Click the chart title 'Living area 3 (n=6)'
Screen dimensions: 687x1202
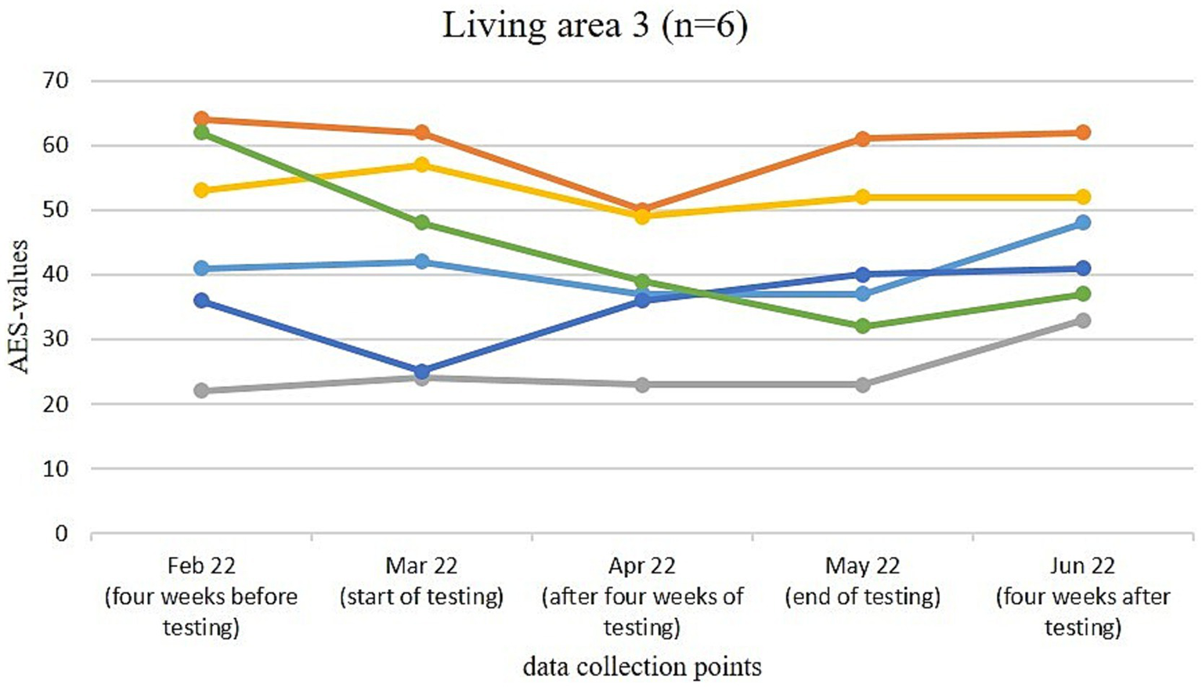point(594,25)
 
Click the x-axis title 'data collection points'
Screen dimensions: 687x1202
point(641,667)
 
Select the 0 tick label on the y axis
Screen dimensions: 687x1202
point(61,533)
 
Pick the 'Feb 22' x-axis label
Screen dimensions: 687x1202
point(201,566)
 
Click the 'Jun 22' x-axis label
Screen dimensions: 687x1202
point(1083,566)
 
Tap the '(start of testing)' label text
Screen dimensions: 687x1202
point(421,597)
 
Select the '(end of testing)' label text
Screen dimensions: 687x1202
point(862,597)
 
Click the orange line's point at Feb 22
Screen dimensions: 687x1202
point(201,119)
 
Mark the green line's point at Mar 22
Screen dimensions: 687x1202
point(422,222)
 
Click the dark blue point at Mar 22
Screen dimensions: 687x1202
point(422,371)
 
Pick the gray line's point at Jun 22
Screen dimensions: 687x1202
point(1083,320)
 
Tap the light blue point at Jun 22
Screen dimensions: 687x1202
point(1083,222)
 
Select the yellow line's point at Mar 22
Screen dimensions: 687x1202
point(422,165)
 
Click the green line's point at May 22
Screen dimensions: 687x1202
point(862,326)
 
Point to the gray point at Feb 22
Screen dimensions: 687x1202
point(201,391)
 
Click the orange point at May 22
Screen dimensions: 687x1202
point(862,139)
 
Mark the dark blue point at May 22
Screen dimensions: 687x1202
point(862,274)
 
